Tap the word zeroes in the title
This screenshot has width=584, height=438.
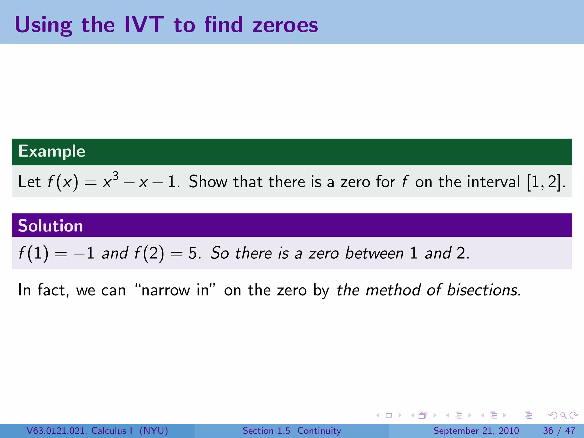click(285, 25)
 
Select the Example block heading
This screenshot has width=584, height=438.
click(52, 151)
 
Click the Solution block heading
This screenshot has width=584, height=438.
click(50, 226)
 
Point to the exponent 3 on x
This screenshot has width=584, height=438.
click(115, 176)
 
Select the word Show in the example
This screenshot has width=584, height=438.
click(208, 182)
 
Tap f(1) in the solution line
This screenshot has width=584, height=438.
click(33, 253)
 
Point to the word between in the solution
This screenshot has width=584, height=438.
click(374, 253)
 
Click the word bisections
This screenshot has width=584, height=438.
click(482, 290)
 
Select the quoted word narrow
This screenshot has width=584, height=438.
click(165, 291)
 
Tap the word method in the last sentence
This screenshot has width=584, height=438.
click(393, 290)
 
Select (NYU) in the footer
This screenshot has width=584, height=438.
click(154, 431)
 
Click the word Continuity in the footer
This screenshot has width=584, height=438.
click(319, 431)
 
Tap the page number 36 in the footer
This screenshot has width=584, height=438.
click(548, 431)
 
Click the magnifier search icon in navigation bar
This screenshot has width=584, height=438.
click(563, 415)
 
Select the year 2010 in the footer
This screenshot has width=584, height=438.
click(509, 431)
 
